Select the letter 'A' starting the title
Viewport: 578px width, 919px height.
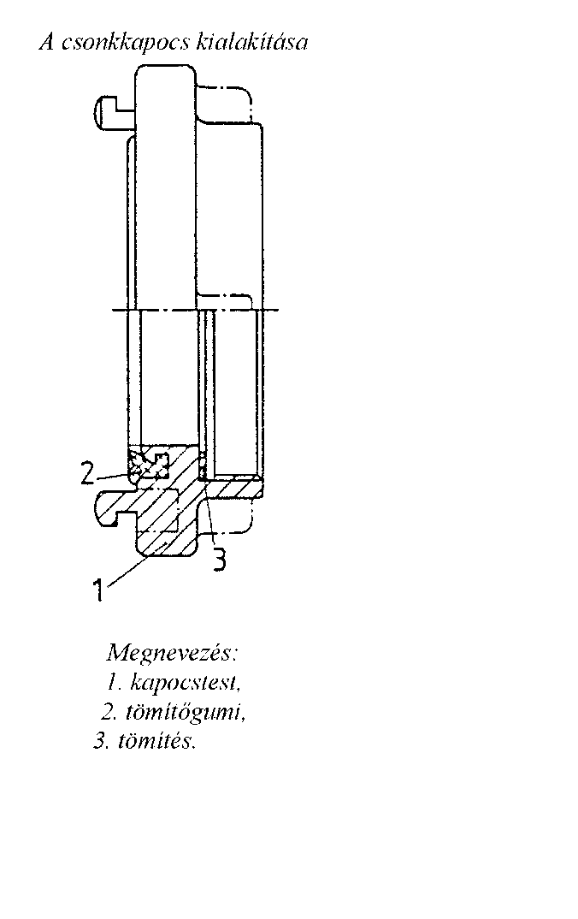(x=47, y=42)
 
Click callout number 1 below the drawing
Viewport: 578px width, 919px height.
(x=99, y=589)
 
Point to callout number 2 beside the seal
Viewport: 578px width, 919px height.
(x=88, y=473)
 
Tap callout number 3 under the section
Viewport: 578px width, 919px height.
(x=218, y=559)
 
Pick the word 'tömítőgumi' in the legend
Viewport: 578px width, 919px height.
(x=184, y=713)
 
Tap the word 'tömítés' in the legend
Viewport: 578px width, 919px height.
(x=155, y=741)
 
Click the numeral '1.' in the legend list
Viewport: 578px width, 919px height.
(x=114, y=682)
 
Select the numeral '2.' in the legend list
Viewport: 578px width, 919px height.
(x=108, y=712)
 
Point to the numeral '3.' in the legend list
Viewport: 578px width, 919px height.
(x=101, y=741)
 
